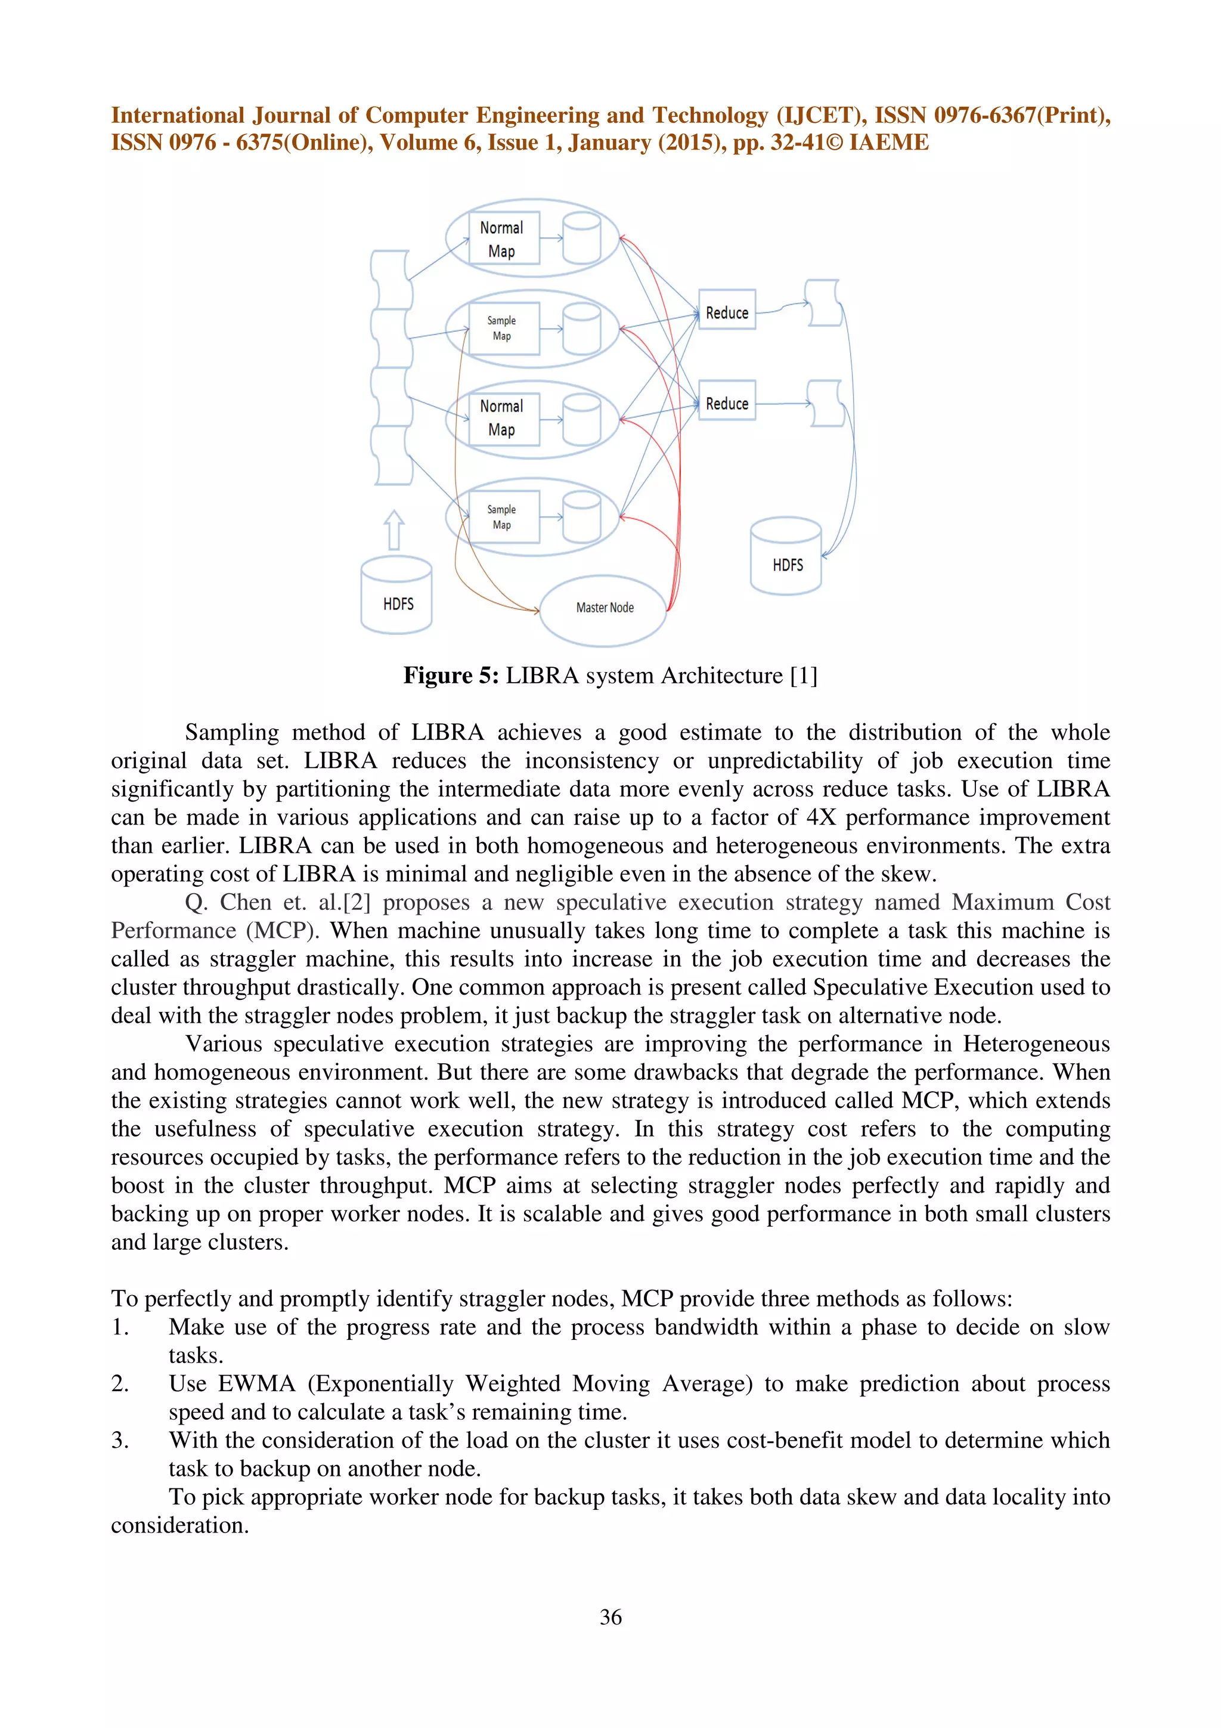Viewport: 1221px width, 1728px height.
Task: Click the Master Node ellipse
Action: pyautogui.click(x=603, y=609)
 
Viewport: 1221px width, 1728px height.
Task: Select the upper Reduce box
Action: pyautogui.click(x=727, y=309)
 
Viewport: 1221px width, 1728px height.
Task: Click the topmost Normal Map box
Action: pyautogui.click(x=503, y=239)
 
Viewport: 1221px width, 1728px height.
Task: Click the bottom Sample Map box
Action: pyautogui.click(x=503, y=517)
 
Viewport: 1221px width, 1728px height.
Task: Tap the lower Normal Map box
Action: pyautogui.click(x=503, y=419)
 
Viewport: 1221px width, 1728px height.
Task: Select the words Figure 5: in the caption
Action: pyautogui.click(x=451, y=676)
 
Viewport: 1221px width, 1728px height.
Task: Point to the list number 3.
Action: pyautogui.click(x=120, y=1440)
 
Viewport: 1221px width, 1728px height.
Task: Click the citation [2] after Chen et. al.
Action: pyautogui.click(x=357, y=902)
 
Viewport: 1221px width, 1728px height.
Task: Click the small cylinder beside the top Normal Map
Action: pyautogui.click(x=581, y=238)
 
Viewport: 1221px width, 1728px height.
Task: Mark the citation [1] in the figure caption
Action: pyautogui.click(x=804, y=676)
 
